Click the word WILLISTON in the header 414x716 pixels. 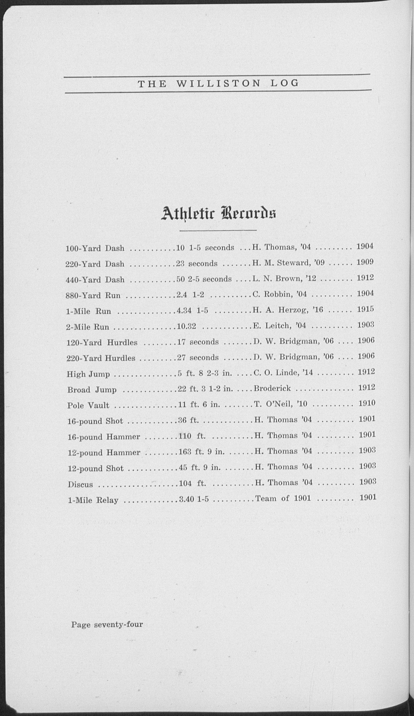pyautogui.click(x=218, y=84)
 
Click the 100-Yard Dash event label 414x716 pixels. pyautogui.click(x=95, y=249)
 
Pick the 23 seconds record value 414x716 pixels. pyautogui.click(x=197, y=264)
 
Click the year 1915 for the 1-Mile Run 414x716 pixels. pyautogui.click(x=366, y=309)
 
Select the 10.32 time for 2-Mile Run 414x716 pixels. pyautogui.click(x=187, y=326)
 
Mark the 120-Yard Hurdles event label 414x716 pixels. pyautogui.click(x=102, y=343)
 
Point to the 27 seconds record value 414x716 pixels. pyautogui.click(x=198, y=358)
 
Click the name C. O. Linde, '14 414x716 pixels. pyautogui.click(x=283, y=373)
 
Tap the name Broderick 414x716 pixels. pyautogui.click(x=272, y=388)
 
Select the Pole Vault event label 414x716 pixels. pyautogui.click(x=88, y=405)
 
